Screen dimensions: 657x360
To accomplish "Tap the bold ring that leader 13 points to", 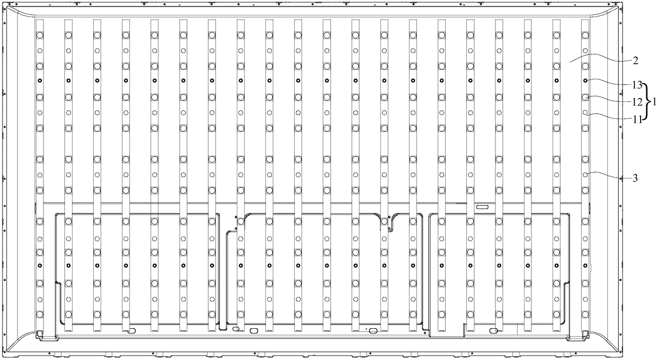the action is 585,81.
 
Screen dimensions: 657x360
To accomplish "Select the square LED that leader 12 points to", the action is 585,98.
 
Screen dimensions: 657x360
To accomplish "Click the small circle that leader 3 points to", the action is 585,174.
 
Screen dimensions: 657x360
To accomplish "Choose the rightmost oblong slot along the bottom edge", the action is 493,330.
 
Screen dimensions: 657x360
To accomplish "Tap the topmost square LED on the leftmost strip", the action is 39,36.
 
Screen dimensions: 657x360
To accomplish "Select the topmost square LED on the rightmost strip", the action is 585,36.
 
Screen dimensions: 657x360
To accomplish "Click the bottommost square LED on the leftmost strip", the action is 39,314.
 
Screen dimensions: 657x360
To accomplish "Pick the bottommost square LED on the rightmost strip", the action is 585,314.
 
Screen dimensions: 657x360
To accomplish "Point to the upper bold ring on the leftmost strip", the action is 39,81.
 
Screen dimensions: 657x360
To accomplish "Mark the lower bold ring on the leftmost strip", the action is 39,265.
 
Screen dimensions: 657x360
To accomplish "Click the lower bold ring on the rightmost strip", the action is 585,265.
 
